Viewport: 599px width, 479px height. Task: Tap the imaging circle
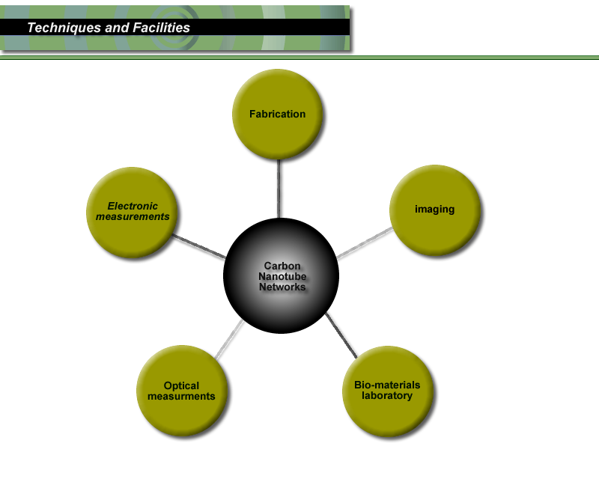coord(435,209)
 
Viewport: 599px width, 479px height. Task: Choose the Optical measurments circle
coord(181,391)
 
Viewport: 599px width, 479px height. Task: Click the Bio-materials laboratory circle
coord(387,391)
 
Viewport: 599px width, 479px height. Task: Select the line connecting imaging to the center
coord(365,242)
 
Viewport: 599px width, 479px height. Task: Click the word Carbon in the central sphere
coord(282,266)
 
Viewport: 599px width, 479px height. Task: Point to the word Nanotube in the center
coord(282,276)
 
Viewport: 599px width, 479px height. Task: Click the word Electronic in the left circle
coord(133,206)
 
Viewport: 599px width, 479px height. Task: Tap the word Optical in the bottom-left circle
coord(181,386)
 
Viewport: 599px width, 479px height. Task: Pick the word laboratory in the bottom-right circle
coord(387,396)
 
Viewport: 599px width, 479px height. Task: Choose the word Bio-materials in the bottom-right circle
coord(387,385)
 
